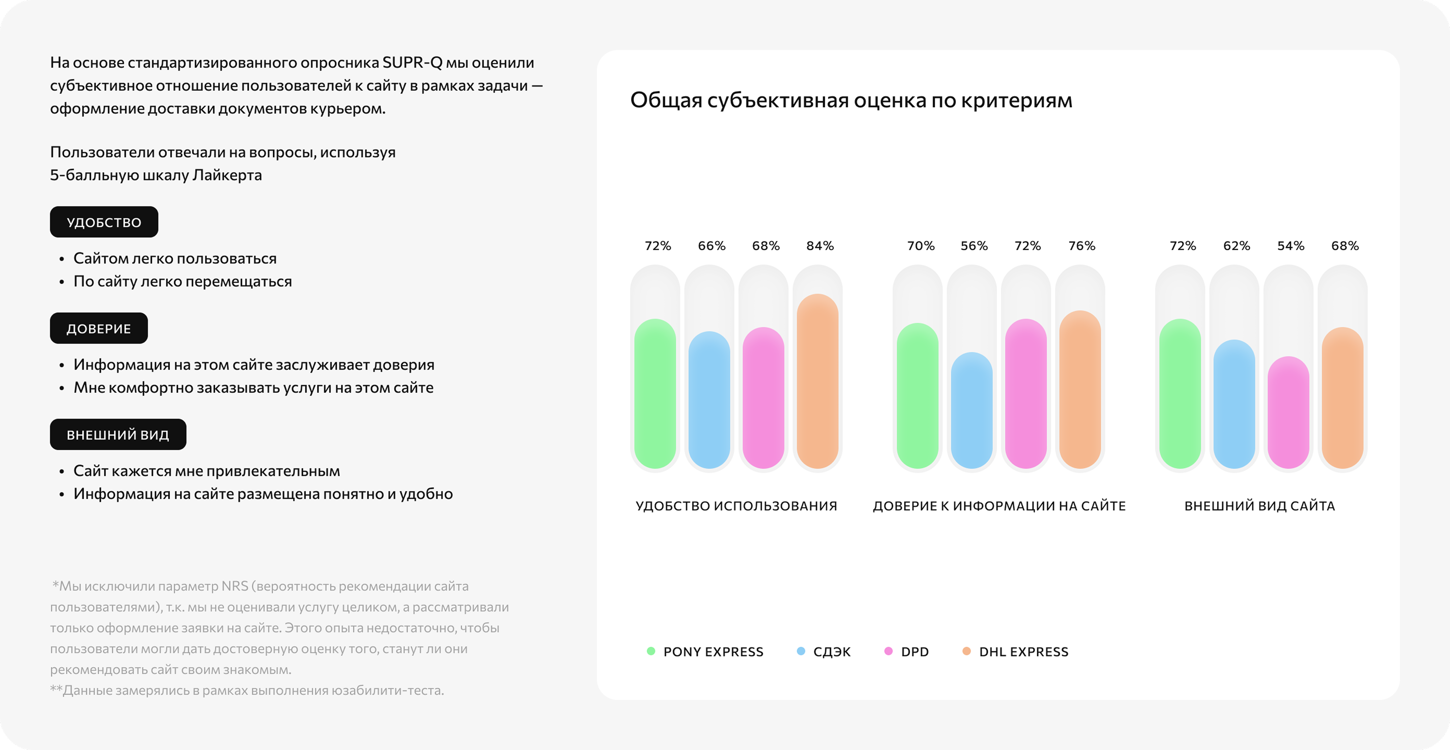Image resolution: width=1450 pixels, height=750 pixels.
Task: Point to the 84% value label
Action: point(820,246)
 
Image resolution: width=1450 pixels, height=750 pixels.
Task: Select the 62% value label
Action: point(1236,246)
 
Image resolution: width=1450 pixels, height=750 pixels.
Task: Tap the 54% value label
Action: point(1290,246)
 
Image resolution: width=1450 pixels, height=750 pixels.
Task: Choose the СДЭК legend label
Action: point(832,652)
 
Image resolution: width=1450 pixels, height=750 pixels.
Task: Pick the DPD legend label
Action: point(915,652)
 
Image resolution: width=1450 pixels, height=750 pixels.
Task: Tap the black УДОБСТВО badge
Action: point(104,222)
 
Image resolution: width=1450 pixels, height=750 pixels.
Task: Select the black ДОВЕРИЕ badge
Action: point(98,328)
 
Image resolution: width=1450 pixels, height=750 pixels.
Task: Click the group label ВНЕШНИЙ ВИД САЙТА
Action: point(1259,506)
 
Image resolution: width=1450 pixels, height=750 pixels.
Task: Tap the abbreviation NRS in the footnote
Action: point(235,586)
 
